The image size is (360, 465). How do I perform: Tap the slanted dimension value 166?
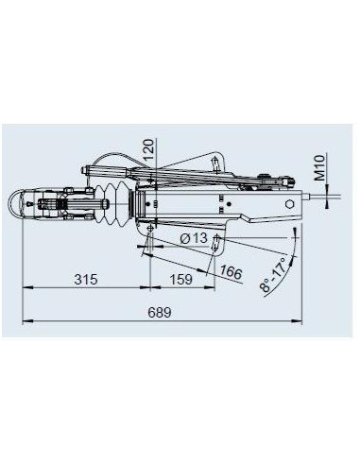[x=229, y=274]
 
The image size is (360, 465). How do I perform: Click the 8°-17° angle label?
[x=271, y=274]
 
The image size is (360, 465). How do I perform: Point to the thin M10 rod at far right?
[x=326, y=199]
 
